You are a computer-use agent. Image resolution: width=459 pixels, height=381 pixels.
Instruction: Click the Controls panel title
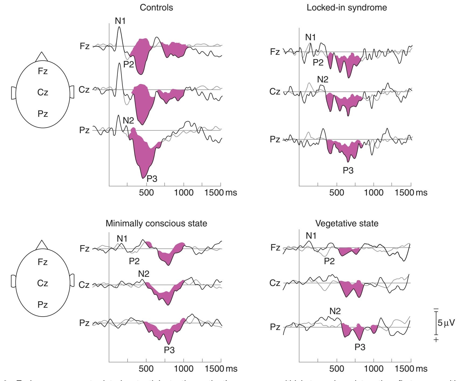click(x=156, y=8)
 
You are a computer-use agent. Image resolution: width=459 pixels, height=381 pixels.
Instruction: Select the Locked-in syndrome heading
click(x=347, y=8)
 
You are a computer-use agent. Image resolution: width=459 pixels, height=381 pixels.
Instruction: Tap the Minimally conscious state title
click(x=156, y=223)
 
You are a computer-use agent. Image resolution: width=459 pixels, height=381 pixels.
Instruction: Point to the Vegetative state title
click(x=347, y=223)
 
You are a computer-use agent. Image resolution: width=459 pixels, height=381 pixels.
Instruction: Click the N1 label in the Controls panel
click(x=120, y=21)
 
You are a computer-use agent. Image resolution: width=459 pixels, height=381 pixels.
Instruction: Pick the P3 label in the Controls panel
click(x=152, y=179)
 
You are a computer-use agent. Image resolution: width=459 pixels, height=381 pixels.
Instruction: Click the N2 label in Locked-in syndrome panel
click(x=323, y=79)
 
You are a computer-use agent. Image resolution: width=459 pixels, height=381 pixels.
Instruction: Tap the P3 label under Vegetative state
click(x=360, y=347)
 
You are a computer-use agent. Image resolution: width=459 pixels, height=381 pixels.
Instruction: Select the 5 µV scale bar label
click(x=446, y=322)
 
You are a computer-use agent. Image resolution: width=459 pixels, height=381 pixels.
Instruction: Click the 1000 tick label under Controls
click(x=184, y=193)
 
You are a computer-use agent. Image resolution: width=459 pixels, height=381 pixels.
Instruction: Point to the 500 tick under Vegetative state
click(x=336, y=369)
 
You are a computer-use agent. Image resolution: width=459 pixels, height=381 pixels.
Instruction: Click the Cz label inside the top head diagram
click(x=43, y=92)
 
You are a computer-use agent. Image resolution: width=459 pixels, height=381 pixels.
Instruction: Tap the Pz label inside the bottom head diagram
click(x=43, y=305)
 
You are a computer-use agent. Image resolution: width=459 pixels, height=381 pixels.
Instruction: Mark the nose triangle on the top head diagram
click(x=41, y=57)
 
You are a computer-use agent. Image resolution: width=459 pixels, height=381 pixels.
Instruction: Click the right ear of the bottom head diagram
click(x=72, y=280)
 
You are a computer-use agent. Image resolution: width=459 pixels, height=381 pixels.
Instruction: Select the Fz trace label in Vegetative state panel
click(x=275, y=248)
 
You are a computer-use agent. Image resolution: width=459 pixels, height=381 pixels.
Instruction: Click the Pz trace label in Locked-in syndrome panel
click(x=275, y=139)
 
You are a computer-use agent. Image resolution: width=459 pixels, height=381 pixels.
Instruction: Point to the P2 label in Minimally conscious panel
click(x=134, y=261)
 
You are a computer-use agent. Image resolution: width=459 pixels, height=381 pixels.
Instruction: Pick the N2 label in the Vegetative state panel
click(x=335, y=311)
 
